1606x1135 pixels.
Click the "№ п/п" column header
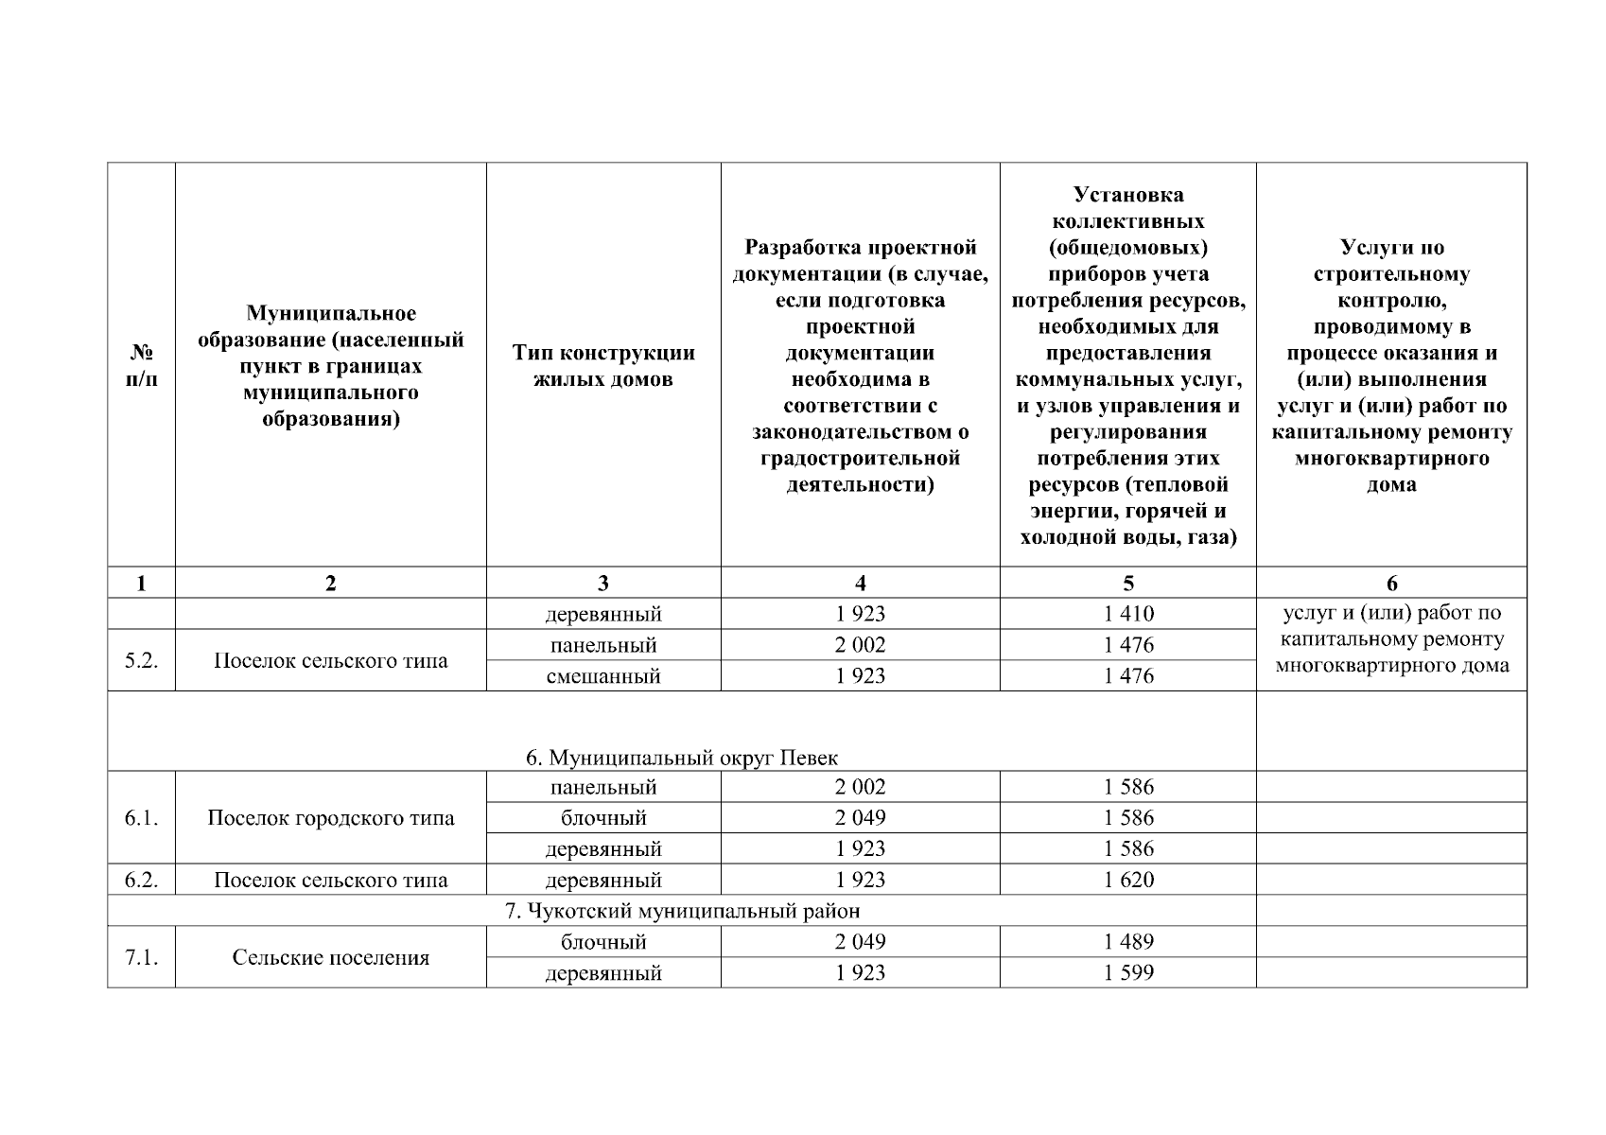[x=141, y=366]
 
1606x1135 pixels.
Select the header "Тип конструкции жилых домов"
[x=603, y=366]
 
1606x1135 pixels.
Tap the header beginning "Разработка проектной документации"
[x=860, y=366]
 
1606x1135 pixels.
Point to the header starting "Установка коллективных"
[x=1127, y=366]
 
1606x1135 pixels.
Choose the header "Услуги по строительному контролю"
[x=1391, y=366]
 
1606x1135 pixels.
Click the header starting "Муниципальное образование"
[x=330, y=366]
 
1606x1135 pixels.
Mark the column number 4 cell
[x=860, y=584]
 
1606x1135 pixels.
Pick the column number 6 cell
[x=1391, y=584]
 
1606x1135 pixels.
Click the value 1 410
[x=1128, y=615]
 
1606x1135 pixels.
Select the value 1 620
[x=1128, y=881]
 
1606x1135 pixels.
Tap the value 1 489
[x=1128, y=942]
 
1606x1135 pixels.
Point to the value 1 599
[x=1128, y=973]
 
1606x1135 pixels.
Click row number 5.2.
[x=141, y=661]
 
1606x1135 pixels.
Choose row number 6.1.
[x=141, y=818]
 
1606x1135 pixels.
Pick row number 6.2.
[x=141, y=881]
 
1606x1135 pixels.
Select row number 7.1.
[x=141, y=958]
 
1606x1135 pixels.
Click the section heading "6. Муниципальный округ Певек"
[x=681, y=759]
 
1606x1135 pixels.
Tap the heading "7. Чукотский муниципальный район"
[x=681, y=911]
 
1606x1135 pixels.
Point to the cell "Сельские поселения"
[x=330, y=958]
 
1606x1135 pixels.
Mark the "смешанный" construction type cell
[x=603, y=676]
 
